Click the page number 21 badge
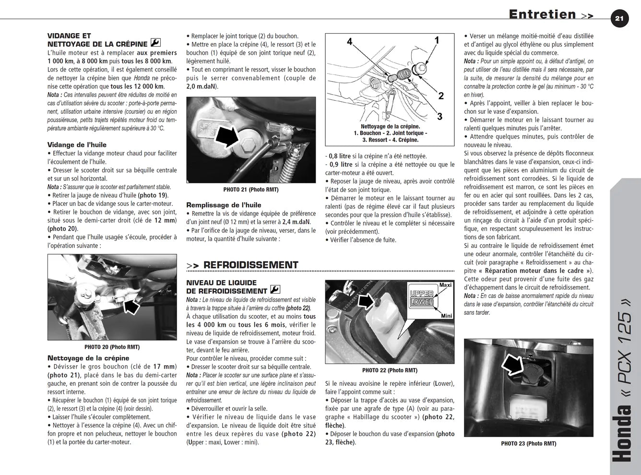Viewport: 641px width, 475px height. tap(619, 19)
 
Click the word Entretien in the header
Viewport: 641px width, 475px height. tap(543, 14)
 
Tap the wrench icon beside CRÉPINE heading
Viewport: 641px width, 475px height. tap(155, 43)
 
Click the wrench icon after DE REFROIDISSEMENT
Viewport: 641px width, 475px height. tap(275, 289)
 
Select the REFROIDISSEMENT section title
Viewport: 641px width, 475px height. tap(250, 265)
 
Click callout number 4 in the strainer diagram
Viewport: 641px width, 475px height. tap(350, 42)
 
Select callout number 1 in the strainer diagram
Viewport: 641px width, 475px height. tap(437, 40)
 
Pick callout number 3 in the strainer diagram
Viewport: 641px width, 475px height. tap(439, 117)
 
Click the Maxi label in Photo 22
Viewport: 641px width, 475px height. tap(445, 285)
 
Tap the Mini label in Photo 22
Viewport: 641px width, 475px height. tap(447, 316)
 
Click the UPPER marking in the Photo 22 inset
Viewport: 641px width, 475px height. tap(422, 294)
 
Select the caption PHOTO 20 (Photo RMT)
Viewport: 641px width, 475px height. tap(112, 347)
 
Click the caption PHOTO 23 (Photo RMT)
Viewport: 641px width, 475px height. tap(529, 443)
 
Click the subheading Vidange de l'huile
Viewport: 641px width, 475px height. tap(77, 145)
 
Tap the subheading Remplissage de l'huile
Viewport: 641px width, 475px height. tap(224, 205)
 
